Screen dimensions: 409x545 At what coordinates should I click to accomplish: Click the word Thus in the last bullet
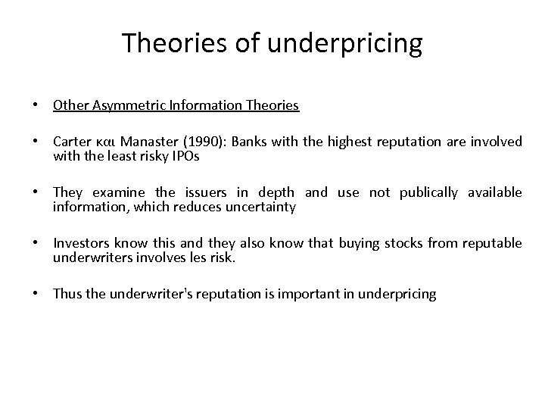[x=67, y=293]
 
